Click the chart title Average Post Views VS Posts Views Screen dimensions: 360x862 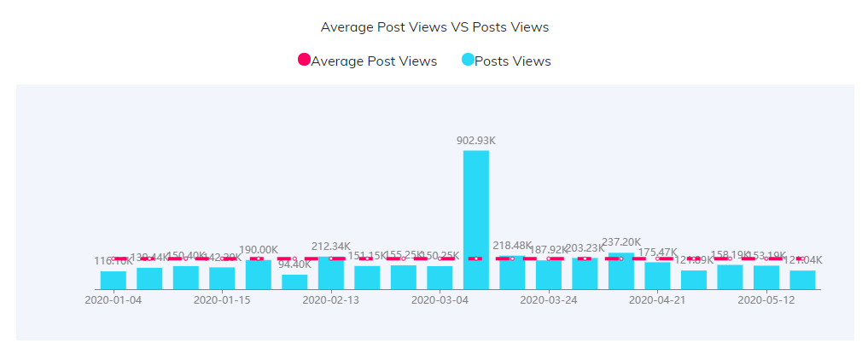pyautogui.click(x=434, y=26)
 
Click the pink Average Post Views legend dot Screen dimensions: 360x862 pyautogui.click(x=304, y=60)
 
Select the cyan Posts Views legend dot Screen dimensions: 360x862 pyautogui.click(x=468, y=60)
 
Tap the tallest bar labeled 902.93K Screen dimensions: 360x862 pyautogui.click(x=476, y=220)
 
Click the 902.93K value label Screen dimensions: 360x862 pyautogui.click(x=476, y=140)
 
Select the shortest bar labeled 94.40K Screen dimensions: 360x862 pyautogui.click(x=294, y=282)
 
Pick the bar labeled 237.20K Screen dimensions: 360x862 pyautogui.click(x=621, y=271)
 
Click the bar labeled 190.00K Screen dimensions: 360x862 pyautogui.click(x=259, y=276)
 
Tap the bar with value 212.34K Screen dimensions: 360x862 pyautogui.click(x=331, y=274)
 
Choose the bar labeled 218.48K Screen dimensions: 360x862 pyautogui.click(x=512, y=273)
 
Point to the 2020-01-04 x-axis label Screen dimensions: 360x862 pyautogui.click(x=114, y=300)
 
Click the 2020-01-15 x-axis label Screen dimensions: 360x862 pyautogui.click(x=222, y=300)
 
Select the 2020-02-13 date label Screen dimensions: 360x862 pyautogui.click(x=331, y=300)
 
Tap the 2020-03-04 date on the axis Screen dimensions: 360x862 pyautogui.click(x=440, y=300)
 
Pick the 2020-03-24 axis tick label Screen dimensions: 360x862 pyautogui.click(x=549, y=300)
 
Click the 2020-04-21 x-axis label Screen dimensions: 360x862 pyautogui.click(x=657, y=300)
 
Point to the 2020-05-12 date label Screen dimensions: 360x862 pyautogui.click(x=766, y=300)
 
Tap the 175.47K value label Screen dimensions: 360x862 pyautogui.click(x=657, y=253)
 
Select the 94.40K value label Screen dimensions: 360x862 pyautogui.click(x=294, y=264)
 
